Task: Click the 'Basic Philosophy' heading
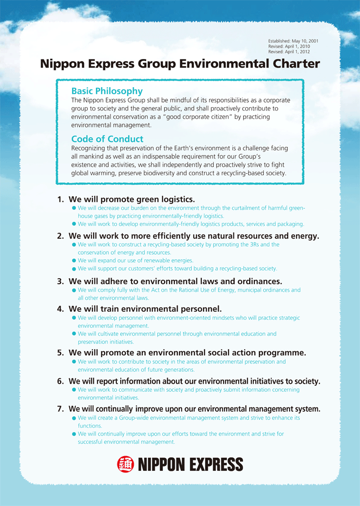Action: click(107, 91)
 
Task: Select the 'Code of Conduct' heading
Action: click(107, 139)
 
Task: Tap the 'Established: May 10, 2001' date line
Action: click(293, 41)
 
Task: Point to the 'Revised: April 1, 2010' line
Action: click(291, 47)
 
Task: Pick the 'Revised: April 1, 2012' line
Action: click(291, 52)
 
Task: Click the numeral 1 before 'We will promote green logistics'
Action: click(60, 200)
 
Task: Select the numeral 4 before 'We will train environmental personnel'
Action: click(60, 309)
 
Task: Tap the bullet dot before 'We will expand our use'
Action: click(74, 261)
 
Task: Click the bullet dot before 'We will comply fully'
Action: click(74, 291)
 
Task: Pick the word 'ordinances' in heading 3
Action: click(254, 281)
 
